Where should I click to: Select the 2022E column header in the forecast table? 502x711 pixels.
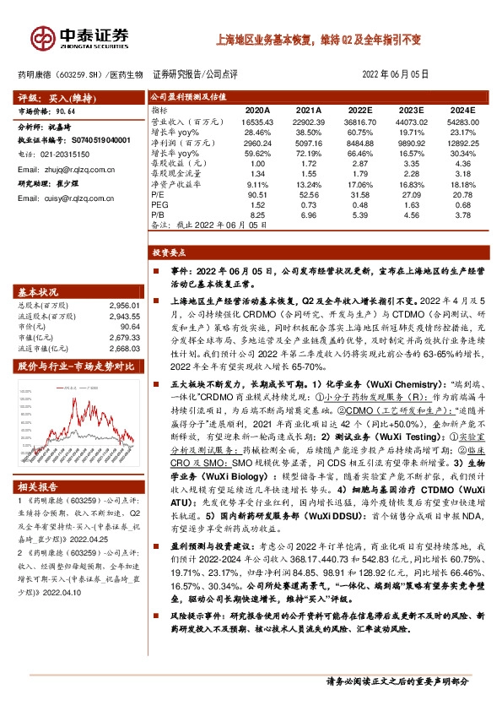359,111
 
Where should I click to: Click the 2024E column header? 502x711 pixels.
464,111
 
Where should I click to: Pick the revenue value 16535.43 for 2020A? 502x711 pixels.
256,122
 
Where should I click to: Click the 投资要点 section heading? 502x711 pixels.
170,252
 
